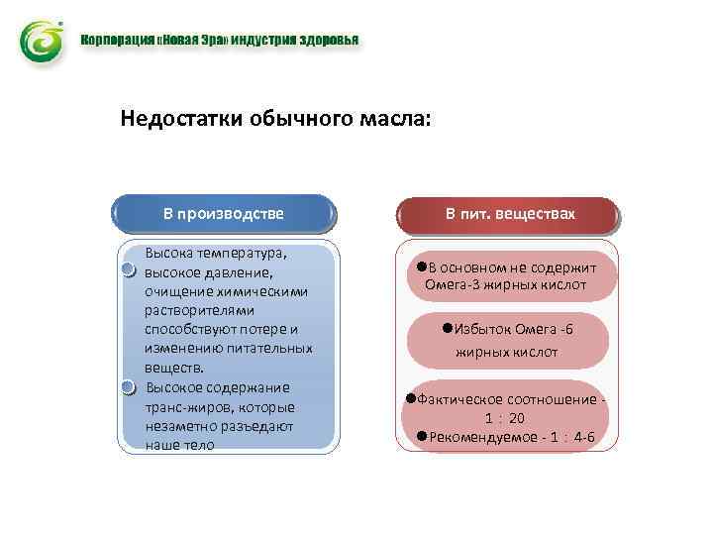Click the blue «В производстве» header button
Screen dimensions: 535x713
pyautogui.click(x=223, y=213)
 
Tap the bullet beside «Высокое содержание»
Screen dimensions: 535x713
pyautogui.click(x=129, y=387)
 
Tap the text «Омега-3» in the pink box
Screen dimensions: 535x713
pyautogui.click(x=451, y=285)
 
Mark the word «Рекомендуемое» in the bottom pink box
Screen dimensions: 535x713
pyautogui.click(x=478, y=436)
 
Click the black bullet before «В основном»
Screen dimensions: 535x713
pyautogui.click(x=422, y=267)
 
